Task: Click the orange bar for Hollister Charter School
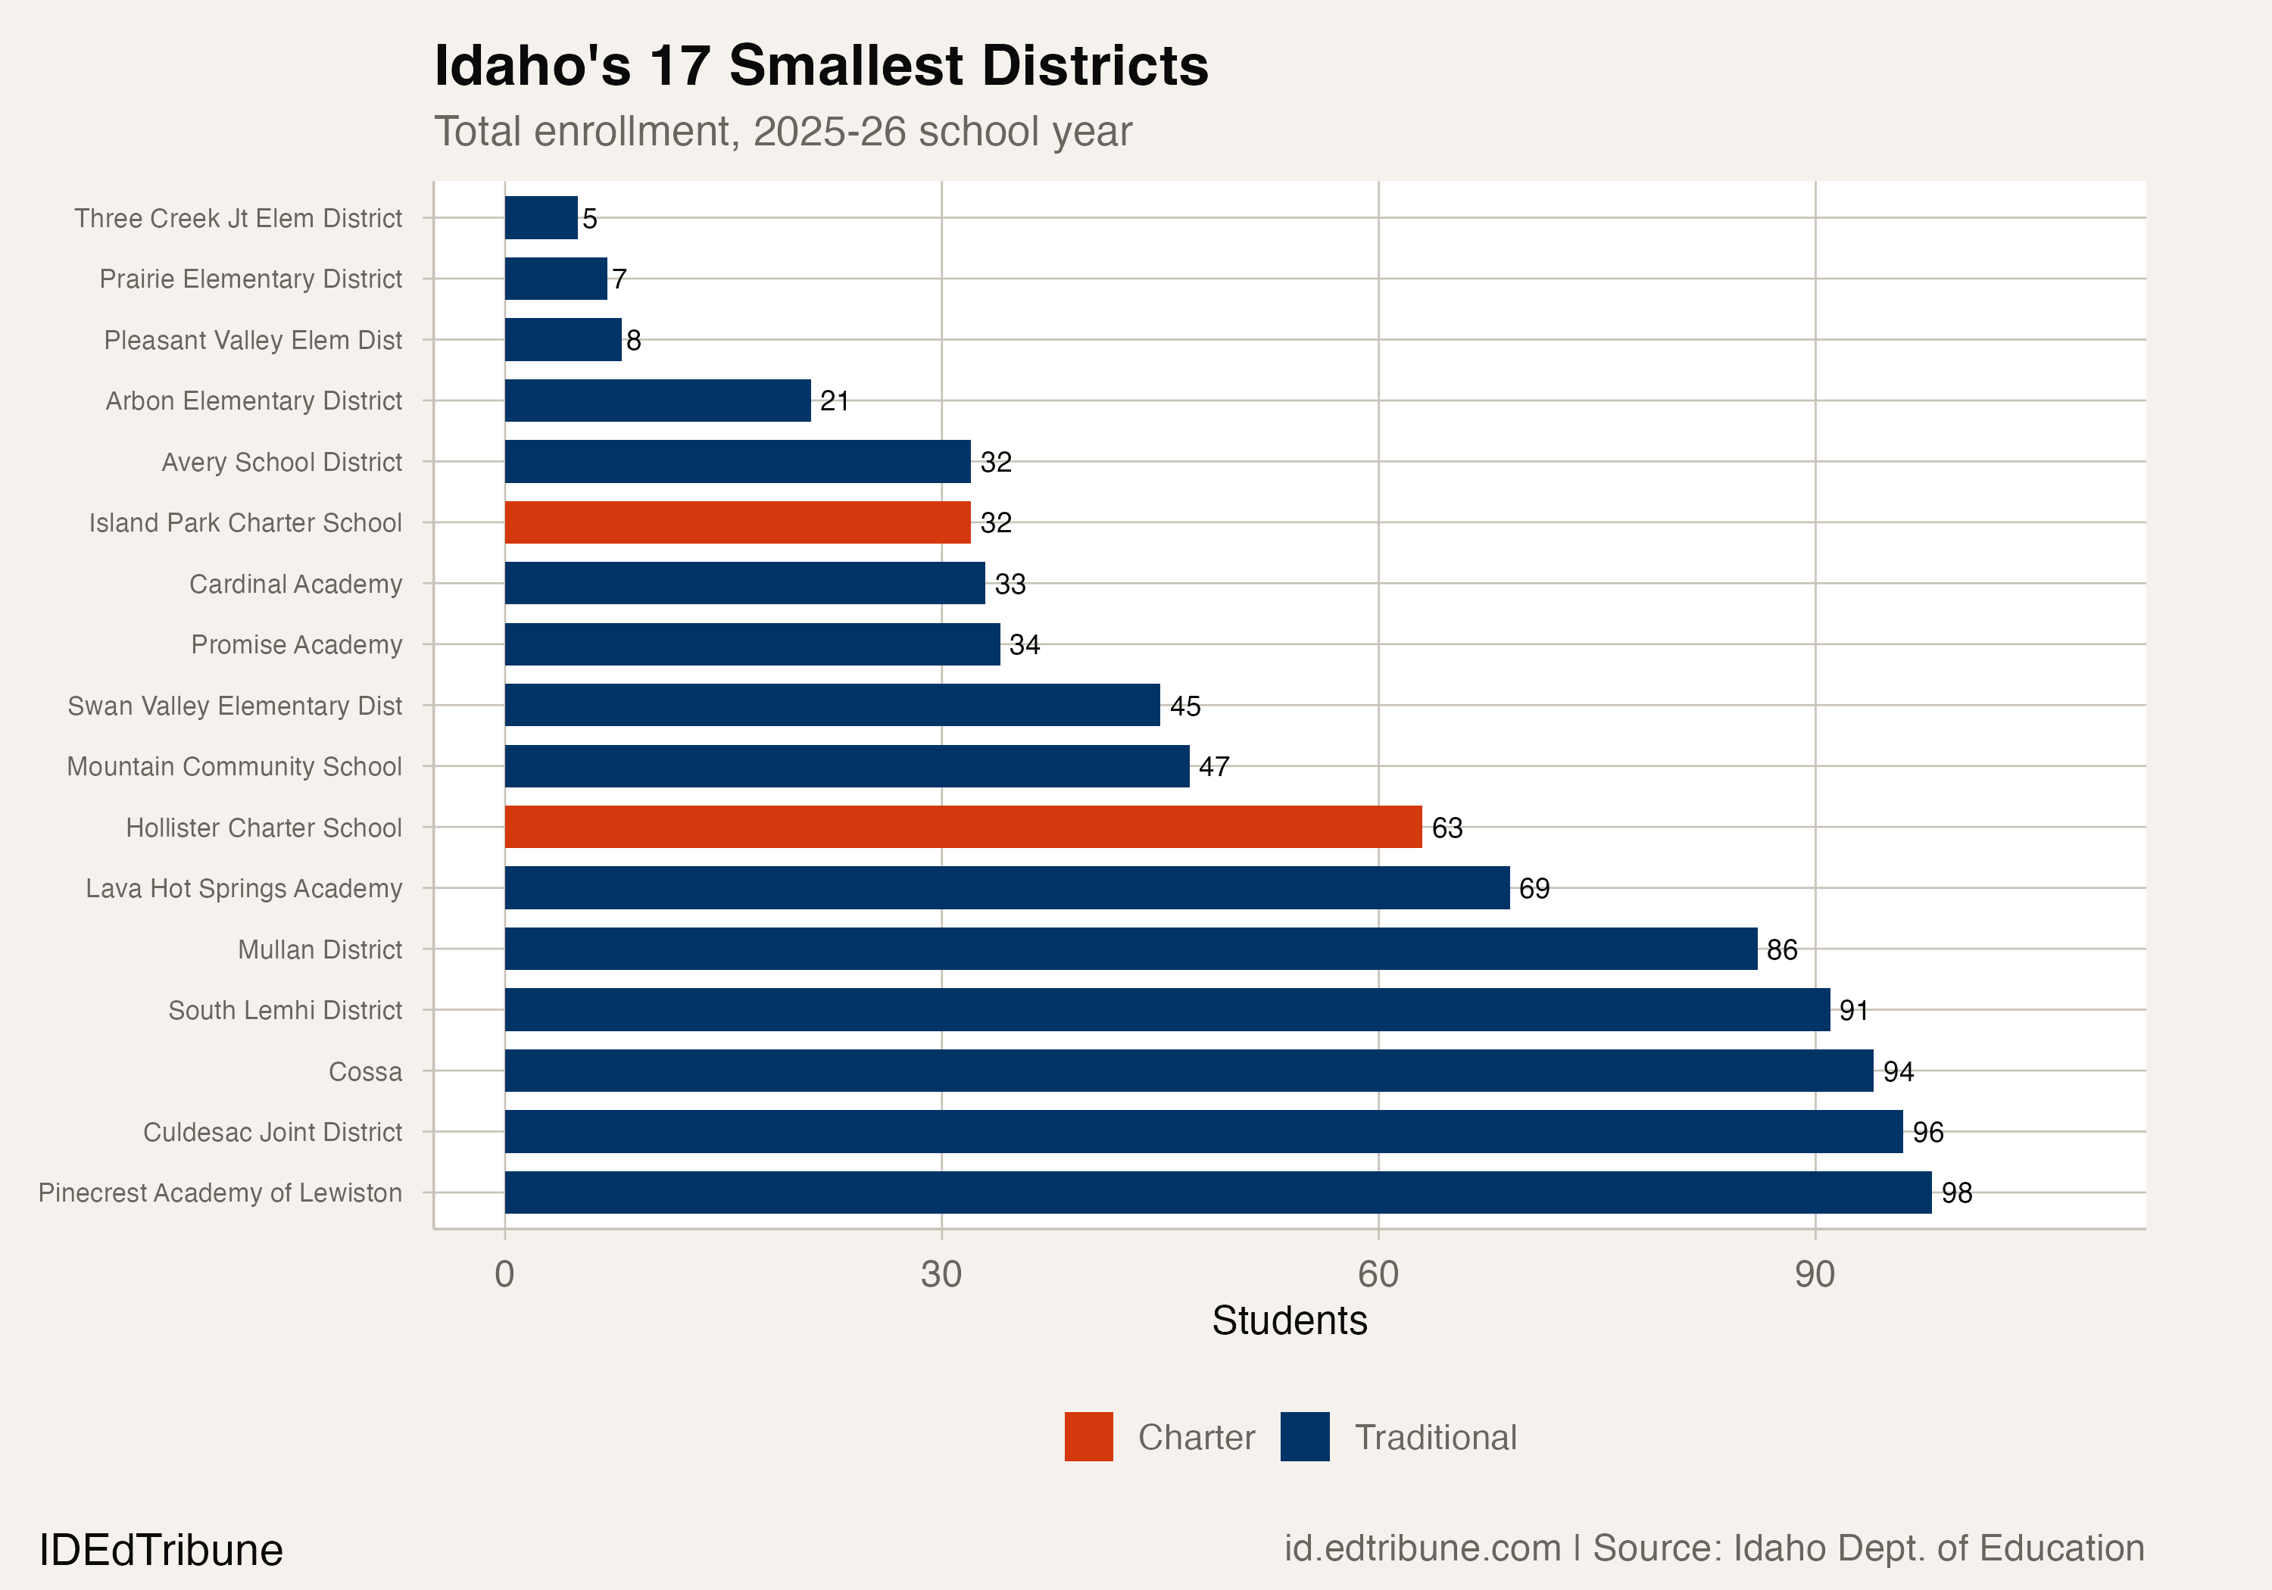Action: (962, 826)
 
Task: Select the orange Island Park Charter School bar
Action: (737, 522)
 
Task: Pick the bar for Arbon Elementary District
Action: (657, 400)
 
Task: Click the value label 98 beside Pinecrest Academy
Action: (1956, 1192)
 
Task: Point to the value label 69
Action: (1534, 887)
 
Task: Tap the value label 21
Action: (834, 400)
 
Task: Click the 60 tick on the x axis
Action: (1378, 1274)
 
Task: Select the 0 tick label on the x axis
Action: (504, 1274)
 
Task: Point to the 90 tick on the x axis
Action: (1815, 1274)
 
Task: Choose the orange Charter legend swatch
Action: (1088, 1436)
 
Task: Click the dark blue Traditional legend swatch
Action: (1304, 1436)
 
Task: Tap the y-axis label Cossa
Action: (365, 1071)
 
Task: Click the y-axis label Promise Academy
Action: (296, 644)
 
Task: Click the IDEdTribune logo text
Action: (161, 1549)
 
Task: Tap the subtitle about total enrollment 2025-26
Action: (783, 132)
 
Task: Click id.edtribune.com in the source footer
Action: (1422, 1548)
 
